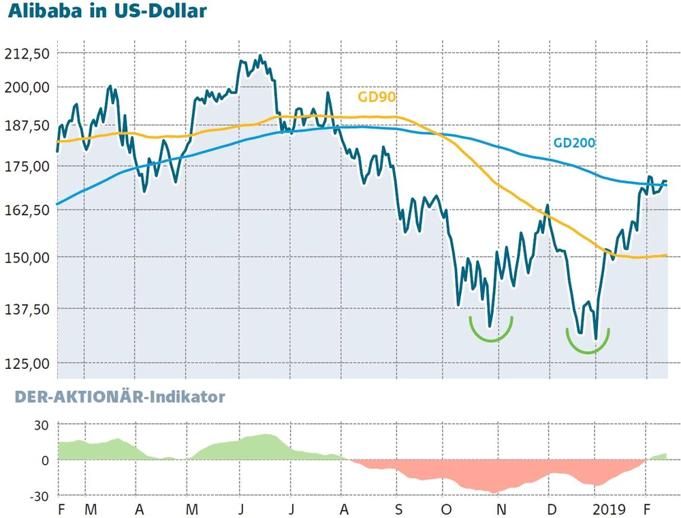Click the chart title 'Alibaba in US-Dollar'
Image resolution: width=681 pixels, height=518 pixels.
pyautogui.click(x=107, y=13)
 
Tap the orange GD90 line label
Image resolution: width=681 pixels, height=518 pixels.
pyautogui.click(x=377, y=97)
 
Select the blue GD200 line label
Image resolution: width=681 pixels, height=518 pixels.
pyautogui.click(x=573, y=143)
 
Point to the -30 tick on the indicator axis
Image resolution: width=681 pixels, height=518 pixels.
pyautogui.click(x=37, y=495)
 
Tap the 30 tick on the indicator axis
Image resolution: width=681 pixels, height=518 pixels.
pyautogui.click(x=41, y=425)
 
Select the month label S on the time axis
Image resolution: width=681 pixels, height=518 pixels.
pyautogui.click(x=398, y=510)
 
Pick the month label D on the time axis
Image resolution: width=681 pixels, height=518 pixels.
pyautogui.click(x=552, y=510)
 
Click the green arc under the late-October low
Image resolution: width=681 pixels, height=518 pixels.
pyautogui.click(x=490, y=332)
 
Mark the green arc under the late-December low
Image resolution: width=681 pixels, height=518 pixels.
pyautogui.click(x=588, y=344)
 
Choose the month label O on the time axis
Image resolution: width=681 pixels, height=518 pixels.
pyautogui.click(x=447, y=510)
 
